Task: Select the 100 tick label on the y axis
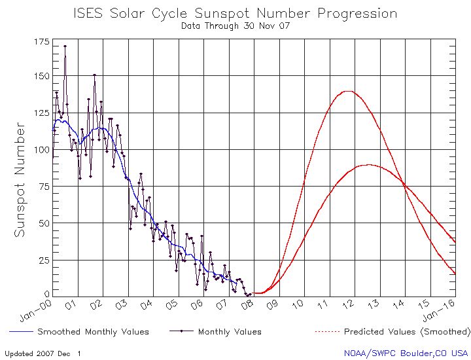(x=41, y=149)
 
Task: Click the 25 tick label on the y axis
(x=43, y=260)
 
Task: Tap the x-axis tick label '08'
(x=247, y=304)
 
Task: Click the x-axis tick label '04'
(x=147, y=304)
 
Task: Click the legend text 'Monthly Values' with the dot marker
(x=230, y=332)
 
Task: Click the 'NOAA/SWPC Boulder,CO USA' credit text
(x=406, y=353)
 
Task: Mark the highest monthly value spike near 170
(x=65, y=46)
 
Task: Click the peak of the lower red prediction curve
(x=370, y=164)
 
